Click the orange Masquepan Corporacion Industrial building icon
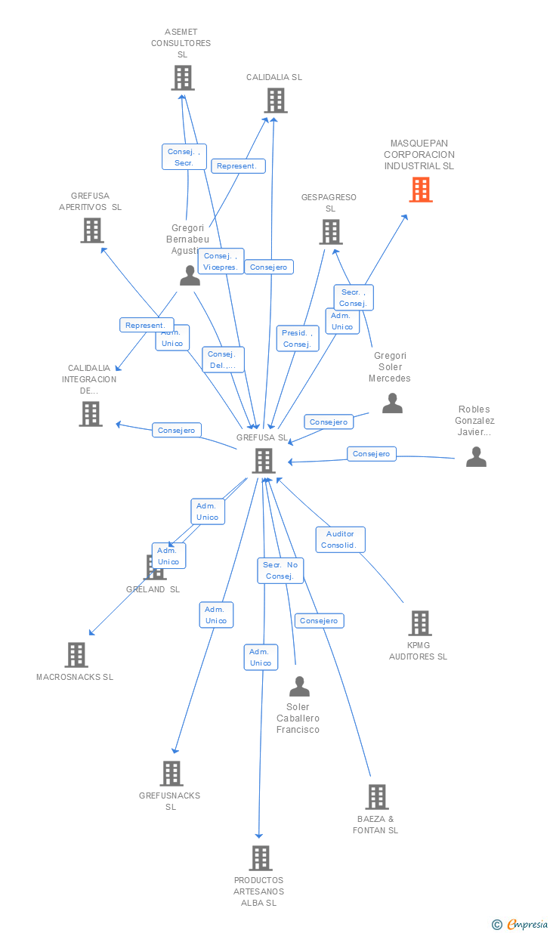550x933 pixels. pyautogui.click(x=421, y=190)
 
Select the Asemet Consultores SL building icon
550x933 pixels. pyautogui.click(x=182, y=78)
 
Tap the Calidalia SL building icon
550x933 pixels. pyautogui.click(x=276, y=100)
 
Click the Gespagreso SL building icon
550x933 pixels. pyautogui.click(x=330, y=232)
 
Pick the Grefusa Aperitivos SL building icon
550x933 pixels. pyautogui.click(x=91, y=230)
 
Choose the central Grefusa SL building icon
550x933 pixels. pyautogui.click(x=263, y=460)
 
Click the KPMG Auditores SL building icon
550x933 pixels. pyautogui.click(x=419, y=623)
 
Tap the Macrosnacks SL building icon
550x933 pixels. pyautogui.click(x=76, y=655)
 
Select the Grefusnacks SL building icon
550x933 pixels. pyautogui.click(x=171, y=774)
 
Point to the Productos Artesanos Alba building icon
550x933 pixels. pyautogui.click(x=261, y=858)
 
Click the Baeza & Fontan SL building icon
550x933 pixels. pyautogui.click(x=376, y=797)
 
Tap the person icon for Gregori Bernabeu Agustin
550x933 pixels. pyautogui.click(x=190, y=276)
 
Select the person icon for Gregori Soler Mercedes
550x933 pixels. pyautogui.click(x=392, y=403)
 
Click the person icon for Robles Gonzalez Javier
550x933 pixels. pyautogui.click(x=476, y=457)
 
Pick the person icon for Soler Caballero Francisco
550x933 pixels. pyautogui.click(x=299, y=687)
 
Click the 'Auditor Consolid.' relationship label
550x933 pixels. pyautogui.click(x=340, y=539)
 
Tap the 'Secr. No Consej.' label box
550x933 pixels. pyautogui.click(x=280, y=570)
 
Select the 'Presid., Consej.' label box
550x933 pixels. pyautogui.click(x=297, y=338)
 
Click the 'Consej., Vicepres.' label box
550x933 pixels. pyautogui.click(x=221, y=261)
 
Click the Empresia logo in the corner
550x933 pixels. pyautogui.click(x=521, y=924)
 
